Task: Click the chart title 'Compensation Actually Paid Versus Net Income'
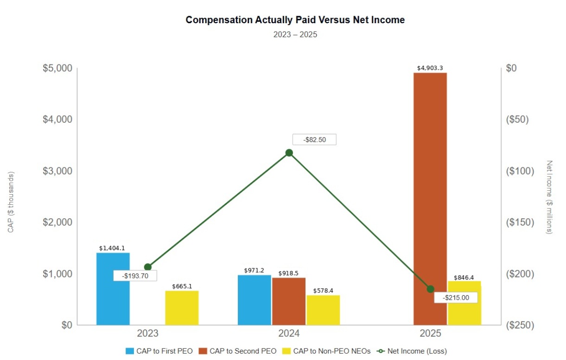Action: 295,20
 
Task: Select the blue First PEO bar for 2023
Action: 113,289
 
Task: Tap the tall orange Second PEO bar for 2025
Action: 430,199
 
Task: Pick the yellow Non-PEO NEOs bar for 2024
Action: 323,310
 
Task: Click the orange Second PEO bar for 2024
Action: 289,301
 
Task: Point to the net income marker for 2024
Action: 289,153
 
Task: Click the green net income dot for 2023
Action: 148,267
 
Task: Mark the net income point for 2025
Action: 430,289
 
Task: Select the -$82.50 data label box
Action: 314,139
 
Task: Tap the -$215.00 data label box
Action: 455,297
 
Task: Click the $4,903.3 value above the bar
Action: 430,68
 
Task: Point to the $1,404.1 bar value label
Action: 112,248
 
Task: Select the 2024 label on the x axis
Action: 289,334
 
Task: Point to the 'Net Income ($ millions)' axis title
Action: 550,197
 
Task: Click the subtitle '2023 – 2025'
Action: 295,34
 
